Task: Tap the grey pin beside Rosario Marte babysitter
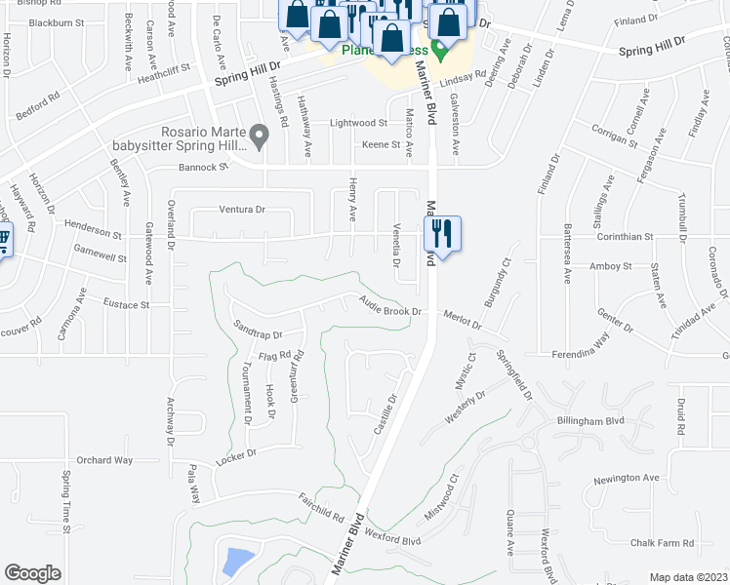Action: pos(259,136)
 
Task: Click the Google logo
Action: pos(33,573)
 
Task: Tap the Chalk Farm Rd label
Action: pos(661,543)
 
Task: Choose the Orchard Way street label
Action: pos(104,460)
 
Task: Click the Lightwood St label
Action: pos(359,124)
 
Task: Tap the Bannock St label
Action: pos(202,167)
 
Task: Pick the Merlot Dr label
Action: pos(463,320)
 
